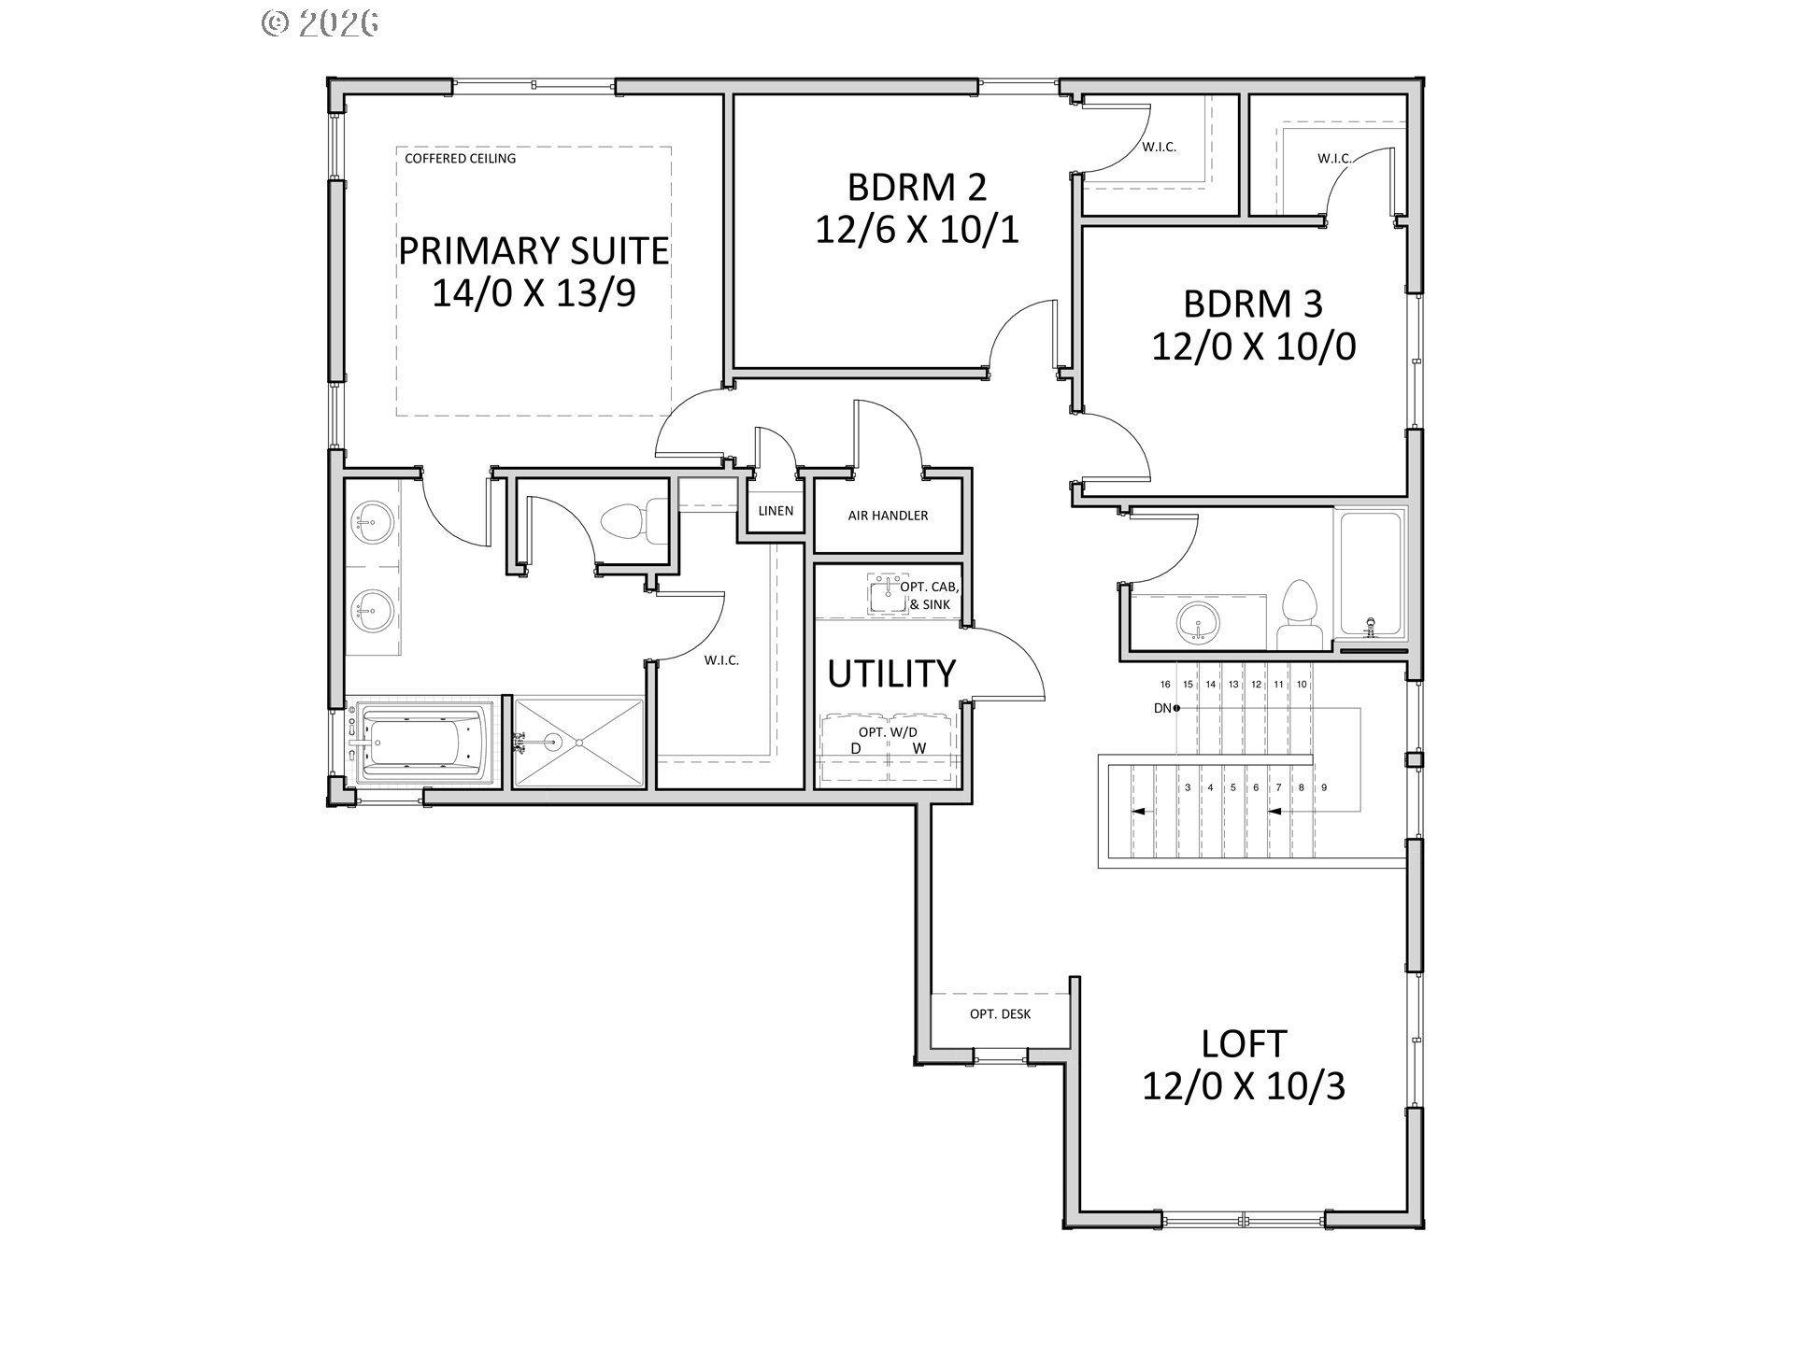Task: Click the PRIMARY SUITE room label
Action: pos(534,250)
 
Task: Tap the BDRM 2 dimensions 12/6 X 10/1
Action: pos(917,230)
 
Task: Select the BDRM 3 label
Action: pos(1253,304)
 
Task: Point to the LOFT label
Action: pos(1244,1043)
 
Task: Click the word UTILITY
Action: pos(891,673)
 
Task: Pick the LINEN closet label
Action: pos(776,511)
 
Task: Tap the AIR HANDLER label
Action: pos(888,516)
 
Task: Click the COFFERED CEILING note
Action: pos(460,159)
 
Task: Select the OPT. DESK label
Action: pos(1000,1014)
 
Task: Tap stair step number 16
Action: pos(1165,685)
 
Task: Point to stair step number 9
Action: pos(1324,787)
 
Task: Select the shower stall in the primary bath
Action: pos(578,742)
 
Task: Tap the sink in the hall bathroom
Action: pos(1198,622)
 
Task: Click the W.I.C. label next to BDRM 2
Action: pos(1159,147)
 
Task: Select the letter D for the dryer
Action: pos(855,748)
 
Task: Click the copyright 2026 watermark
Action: pos(320,22)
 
